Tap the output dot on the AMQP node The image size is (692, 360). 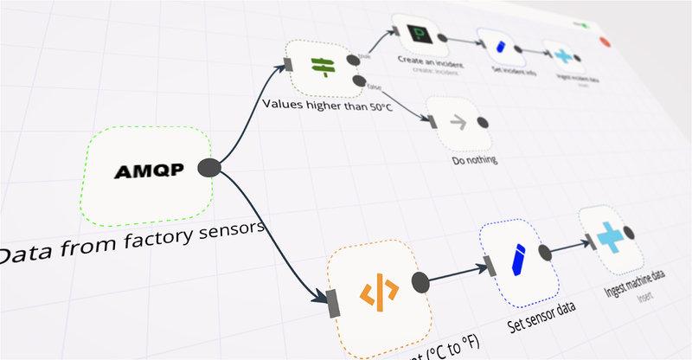208,168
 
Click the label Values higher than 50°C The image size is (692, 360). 330,107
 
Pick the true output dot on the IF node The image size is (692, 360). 354,59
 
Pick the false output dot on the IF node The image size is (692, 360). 358,81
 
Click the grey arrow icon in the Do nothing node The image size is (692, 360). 458,124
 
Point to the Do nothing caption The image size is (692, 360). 475,160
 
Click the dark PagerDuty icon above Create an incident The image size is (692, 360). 419,35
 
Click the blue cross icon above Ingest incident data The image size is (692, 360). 563,55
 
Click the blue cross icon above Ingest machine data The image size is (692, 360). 612,238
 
